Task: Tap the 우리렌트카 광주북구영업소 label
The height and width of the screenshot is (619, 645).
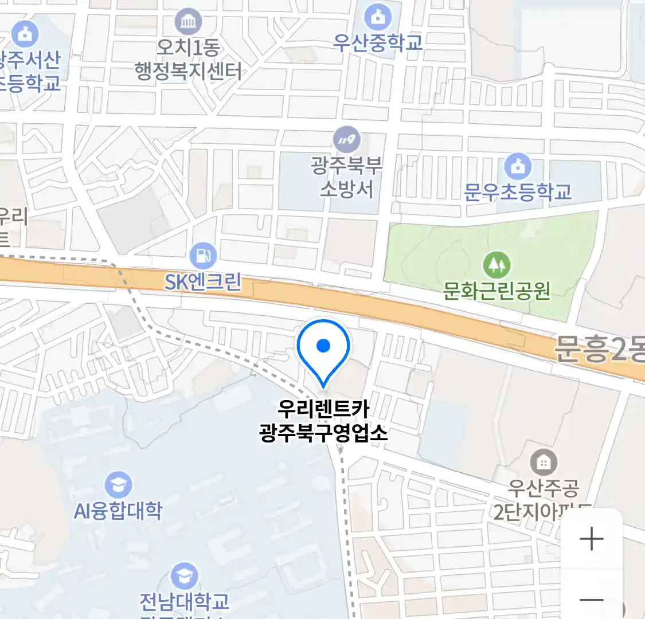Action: (323, 421)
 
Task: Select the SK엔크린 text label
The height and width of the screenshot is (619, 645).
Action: (203, 282)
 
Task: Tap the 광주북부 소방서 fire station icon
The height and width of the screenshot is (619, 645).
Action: (347, 139)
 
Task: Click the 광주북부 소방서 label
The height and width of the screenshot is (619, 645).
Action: (346, 178)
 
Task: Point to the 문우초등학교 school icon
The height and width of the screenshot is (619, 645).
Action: (518, 167)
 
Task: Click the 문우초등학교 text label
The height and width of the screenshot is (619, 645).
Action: (518, 192)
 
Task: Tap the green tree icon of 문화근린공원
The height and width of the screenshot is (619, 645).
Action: (497, 265)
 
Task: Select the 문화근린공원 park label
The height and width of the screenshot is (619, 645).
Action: (497, 291)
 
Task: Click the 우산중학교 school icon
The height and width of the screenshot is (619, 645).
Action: (378, 17)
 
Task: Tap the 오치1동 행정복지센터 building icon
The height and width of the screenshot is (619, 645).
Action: (188, 22)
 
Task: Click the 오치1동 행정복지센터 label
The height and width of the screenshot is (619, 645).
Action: (188, 60)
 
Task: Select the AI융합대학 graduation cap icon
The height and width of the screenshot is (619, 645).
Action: (118, 485)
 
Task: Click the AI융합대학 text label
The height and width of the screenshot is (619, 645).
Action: (118, 511)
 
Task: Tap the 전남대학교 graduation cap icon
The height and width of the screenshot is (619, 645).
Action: (185, 576)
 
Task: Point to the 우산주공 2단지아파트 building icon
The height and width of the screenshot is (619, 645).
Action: (543, 462)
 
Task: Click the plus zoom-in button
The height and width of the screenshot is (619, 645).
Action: (591, 539)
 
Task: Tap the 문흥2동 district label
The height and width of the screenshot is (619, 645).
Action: (599, 348)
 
